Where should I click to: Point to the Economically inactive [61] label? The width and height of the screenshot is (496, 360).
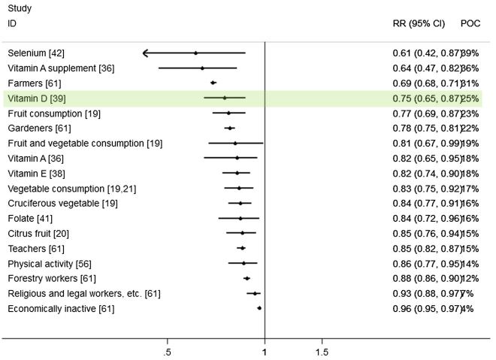pos(61,308)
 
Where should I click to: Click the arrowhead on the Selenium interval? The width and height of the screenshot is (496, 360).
pos(146,53)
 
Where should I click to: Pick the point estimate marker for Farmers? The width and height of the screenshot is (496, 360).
pos(213,83)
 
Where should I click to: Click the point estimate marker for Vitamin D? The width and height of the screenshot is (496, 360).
pos(225,98)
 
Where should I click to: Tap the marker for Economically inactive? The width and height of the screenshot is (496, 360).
pos(259,308)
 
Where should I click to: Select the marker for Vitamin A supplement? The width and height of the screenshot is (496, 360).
pos(202,68)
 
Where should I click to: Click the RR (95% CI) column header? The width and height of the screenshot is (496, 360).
pos(414,23)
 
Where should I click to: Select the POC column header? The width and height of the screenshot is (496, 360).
pos(470,23)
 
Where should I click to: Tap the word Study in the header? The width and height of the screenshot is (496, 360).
pos(19,9)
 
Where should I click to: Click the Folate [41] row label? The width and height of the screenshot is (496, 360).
pos(27,219)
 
